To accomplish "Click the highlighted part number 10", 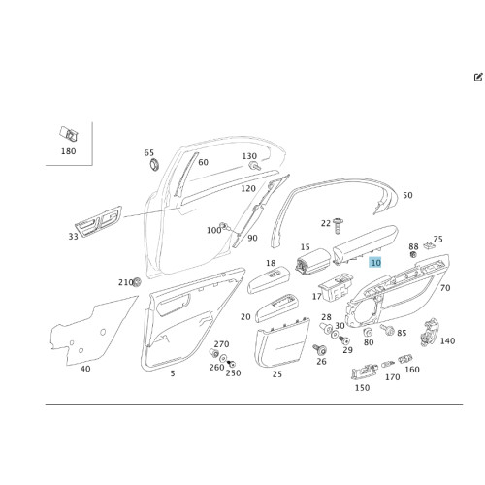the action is [x=375, y=263].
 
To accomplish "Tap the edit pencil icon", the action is [x=478, y=78].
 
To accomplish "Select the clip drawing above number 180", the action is [x=69, y=134].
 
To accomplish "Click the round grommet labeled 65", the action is [x=154, y=165].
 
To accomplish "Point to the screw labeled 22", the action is [x=338, y=226].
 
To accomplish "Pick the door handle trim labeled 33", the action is [x=98, y=221].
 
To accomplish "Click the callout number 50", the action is [x=407, y=195].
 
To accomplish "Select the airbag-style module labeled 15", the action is [x=313, y=262].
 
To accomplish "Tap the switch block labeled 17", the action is [x=336, y=287].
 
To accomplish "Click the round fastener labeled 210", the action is [x=137, y=282].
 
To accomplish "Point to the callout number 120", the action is [x=248, y=188].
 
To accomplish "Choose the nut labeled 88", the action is [x=412, y=255].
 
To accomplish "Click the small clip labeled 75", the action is [x=429, y=245].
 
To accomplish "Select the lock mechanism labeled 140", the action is [x=429, y=332].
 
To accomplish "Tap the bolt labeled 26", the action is [x=320, y=349].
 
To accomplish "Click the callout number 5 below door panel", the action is [x=173, y=373].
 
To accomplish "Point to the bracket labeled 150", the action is [x=364, y=372].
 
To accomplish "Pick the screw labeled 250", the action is [x=231, y=364].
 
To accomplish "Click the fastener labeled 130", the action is [x=254, y=166].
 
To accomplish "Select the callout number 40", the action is [x=85, y=369].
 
